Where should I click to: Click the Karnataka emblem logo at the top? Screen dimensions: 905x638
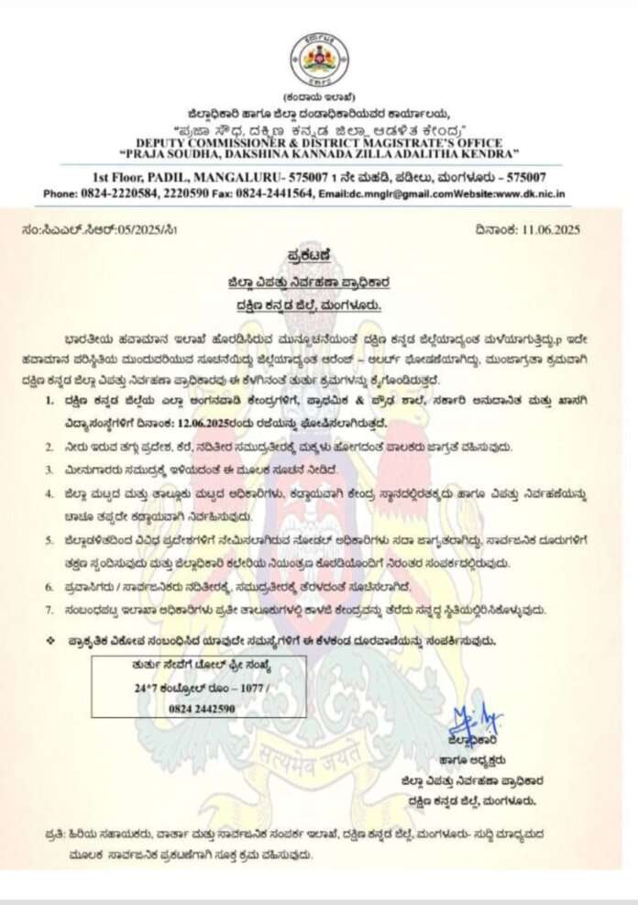(319, 59)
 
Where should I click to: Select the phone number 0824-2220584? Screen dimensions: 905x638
(114, 194)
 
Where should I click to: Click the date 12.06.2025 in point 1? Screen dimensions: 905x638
(233, 423)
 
